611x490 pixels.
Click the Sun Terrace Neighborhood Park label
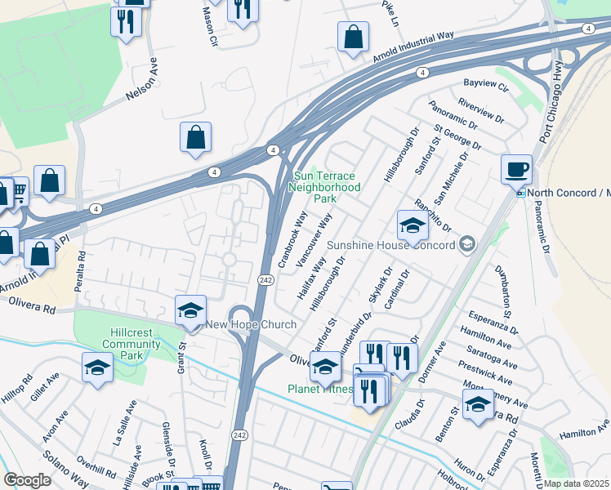(325, 187)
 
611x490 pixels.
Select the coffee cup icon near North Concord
(516, 170)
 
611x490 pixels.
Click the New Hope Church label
(251, 325)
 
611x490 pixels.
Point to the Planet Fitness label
(321, 389)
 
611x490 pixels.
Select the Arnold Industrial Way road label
(413, 48)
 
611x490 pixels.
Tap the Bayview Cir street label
(486, 85)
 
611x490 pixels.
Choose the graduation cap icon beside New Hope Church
(190, 311)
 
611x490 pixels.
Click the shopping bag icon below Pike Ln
(353, 38)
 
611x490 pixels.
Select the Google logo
(27, 480)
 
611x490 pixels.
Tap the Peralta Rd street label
(81, 266)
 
